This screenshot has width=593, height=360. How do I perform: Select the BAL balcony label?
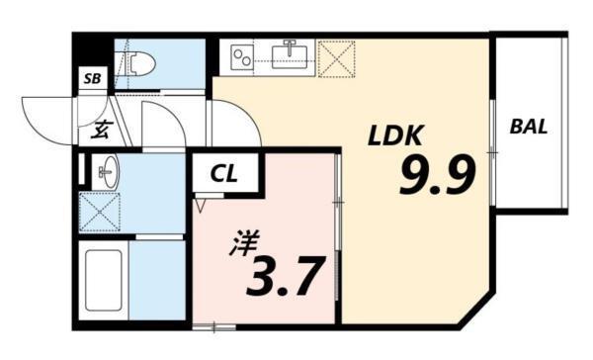pos(529,127)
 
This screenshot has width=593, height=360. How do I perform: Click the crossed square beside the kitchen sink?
pos(336,57)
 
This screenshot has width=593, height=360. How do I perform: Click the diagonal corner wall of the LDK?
pos(471,308)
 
